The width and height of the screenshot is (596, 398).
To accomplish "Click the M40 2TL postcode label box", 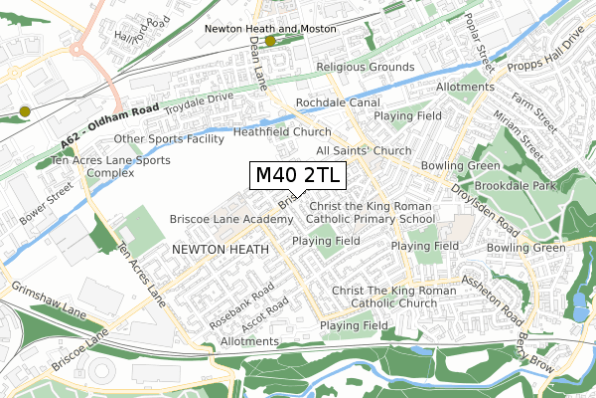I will click(x=298, y=175).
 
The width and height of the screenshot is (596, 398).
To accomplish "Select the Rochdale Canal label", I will click(x=337, y=102).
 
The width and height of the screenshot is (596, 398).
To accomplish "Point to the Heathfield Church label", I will click(x=282, y=131).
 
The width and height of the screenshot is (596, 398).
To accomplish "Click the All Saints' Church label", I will click(x=363, y=150).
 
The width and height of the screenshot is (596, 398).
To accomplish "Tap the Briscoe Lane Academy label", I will click(x=218, y=218).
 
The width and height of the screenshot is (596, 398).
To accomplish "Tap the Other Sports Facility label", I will click(x=169, y=138).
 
